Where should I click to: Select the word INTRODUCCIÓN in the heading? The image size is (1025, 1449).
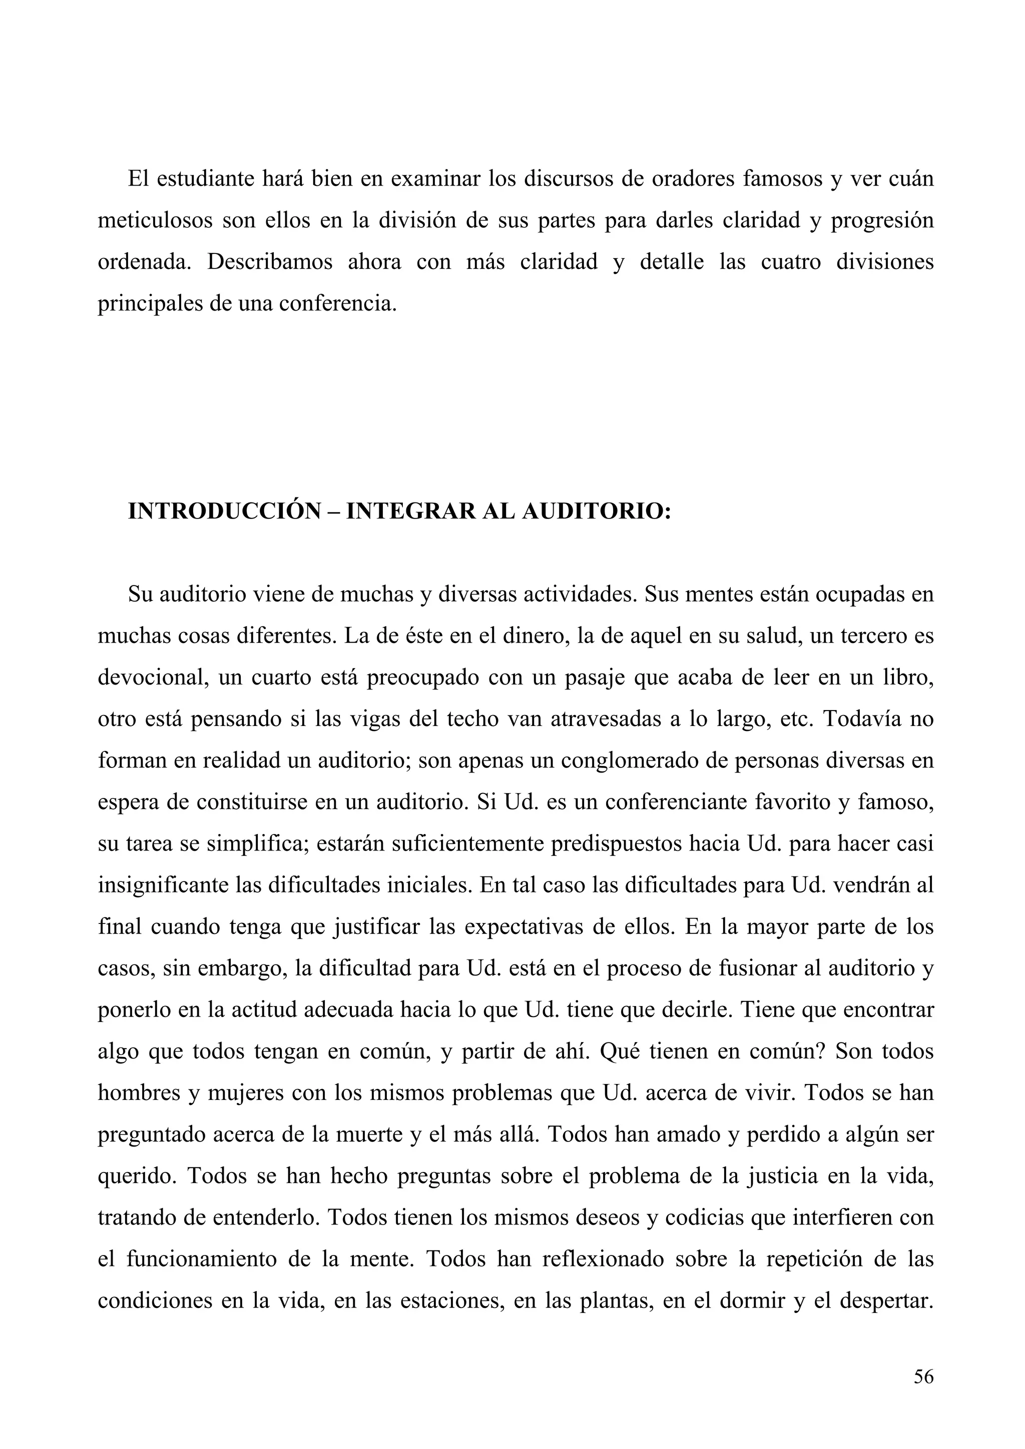click(x=224, y=511)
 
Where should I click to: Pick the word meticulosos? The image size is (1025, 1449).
click(x=155, y=221)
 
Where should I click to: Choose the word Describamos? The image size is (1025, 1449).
click(x=270, y=262)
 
